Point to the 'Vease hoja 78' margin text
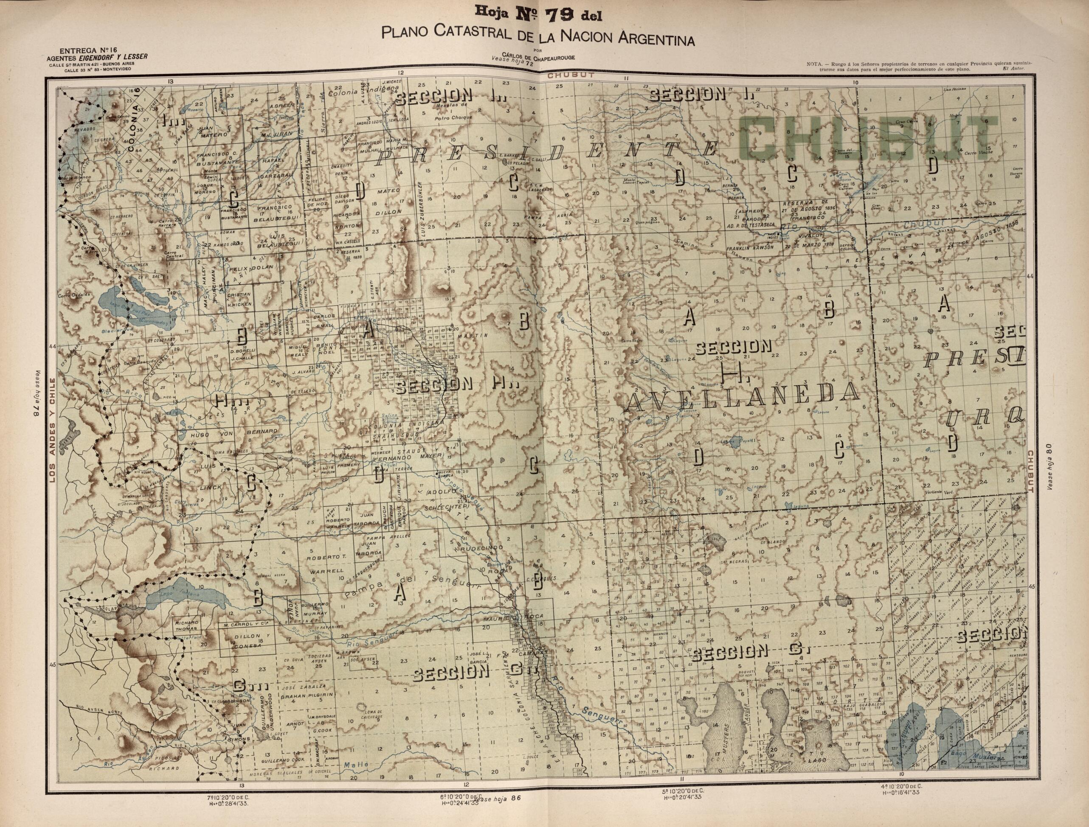35,394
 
